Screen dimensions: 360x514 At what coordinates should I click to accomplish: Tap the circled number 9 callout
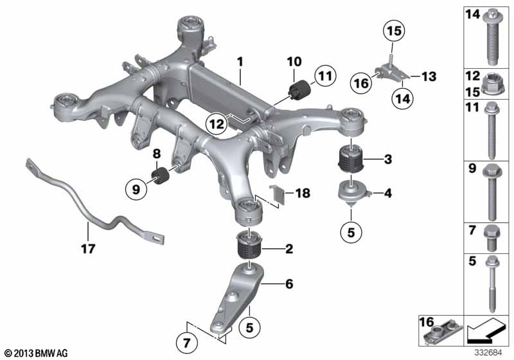coord(135,189)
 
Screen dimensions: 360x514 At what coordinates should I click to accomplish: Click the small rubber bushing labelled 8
coord(159,175)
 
